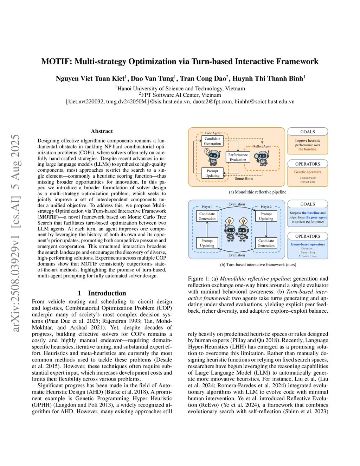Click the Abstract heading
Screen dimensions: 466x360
[102, 131]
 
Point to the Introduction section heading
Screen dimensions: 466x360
[107, 293]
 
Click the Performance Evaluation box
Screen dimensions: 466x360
[238, 157]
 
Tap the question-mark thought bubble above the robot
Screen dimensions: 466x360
[207, 151]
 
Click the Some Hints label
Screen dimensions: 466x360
[244, 179]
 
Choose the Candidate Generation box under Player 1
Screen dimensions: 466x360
[207, 216]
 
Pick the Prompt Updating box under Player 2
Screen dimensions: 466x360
[266, 216]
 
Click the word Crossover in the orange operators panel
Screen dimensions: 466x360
[308, 178]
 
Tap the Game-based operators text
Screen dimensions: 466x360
[308, 244]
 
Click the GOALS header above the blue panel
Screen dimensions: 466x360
[308, 204]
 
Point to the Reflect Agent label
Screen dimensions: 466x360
[262, 146]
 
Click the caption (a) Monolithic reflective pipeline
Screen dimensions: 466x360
[257, 192]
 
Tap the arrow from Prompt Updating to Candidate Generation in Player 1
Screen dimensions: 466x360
[207, 230]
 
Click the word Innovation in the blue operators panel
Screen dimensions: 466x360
[308, 256]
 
